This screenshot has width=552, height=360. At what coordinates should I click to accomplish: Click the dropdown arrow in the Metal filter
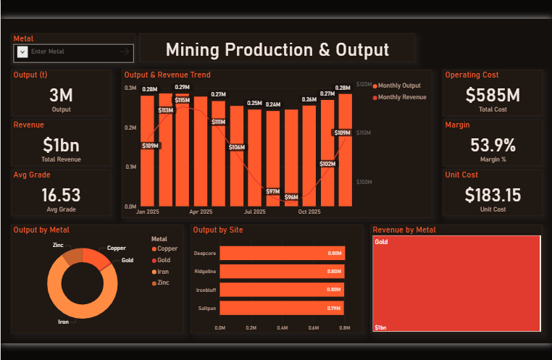[x=22, y=52]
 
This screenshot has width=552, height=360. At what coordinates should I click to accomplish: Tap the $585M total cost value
[x=493, y=95]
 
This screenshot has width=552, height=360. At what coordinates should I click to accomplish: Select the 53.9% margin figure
[x=493, y=145]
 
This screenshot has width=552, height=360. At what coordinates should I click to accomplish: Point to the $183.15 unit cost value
[x=493, y=195]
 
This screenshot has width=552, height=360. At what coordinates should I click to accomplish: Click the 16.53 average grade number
[x=61, y=195]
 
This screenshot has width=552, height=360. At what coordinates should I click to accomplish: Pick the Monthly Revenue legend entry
[x=400, y=97]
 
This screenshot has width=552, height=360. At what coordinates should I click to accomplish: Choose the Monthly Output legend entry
[x=397, y=85]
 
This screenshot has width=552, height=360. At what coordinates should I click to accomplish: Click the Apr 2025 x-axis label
[x=201, y=212]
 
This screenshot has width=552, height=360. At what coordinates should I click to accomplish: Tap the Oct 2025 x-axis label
[x=309, y=212]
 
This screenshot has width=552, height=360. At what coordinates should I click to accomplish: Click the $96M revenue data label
[x=291, y=197]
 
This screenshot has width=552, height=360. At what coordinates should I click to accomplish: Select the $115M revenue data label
[x=183, y=100]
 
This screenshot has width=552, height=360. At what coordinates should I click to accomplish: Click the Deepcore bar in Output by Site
[x=283, y=253]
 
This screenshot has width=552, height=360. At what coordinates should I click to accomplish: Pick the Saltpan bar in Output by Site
[x=282, y=308]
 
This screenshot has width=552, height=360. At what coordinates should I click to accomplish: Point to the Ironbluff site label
[x=206, y=290]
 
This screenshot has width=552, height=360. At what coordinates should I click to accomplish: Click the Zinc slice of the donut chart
[x=73, y=256]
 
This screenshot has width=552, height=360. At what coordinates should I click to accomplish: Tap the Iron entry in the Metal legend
[x=160, y=272]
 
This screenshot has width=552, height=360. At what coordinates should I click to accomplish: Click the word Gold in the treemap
[x=381, y=242]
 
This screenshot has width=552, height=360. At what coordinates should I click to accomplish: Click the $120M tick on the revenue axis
[x=364, y=85]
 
